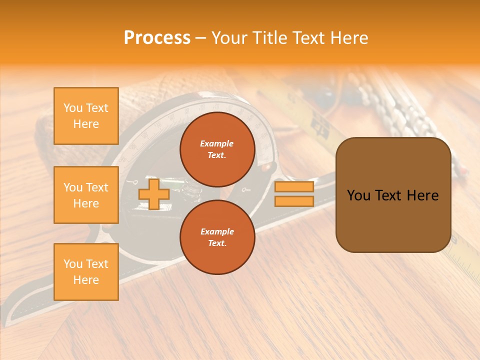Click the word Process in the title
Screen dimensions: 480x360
[157, 38]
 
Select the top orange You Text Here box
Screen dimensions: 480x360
[86, 116]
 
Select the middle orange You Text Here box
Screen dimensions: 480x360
[86, 195]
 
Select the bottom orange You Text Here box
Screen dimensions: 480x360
[86, 271]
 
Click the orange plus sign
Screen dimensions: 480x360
[153, 194]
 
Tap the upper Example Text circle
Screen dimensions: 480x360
[217, 149]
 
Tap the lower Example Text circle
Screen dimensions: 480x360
[217, 237]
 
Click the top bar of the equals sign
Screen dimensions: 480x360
[294, 187]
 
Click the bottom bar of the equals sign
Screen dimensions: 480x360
[294, 201]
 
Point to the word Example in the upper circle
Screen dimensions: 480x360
[217, 143]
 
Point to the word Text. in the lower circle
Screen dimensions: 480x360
[217, 243]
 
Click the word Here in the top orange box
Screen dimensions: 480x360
[86, 124]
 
